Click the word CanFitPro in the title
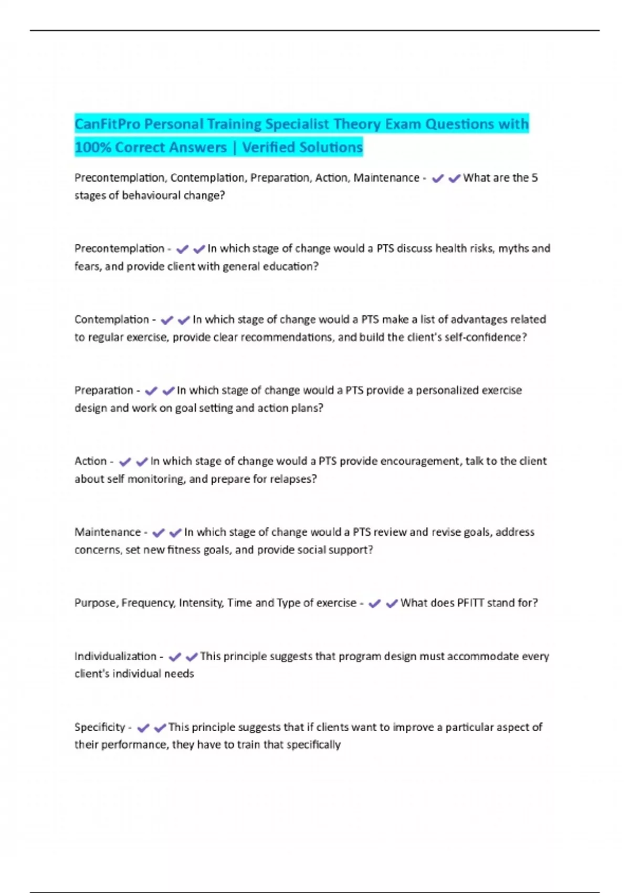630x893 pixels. click(x=107, y=124)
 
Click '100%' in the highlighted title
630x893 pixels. click(x=93, y=147)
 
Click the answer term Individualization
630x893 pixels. click(x=115, y=656)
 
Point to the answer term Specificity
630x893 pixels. click(x=100, y=727)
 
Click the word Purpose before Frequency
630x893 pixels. click(x=96, y=603)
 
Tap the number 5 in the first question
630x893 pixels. click(x=534, y=178)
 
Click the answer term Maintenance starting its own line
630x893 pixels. click(x=108, y=532)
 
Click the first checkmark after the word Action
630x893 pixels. click(x=124, y=462)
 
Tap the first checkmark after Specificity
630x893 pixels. click(x=143, y=728)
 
